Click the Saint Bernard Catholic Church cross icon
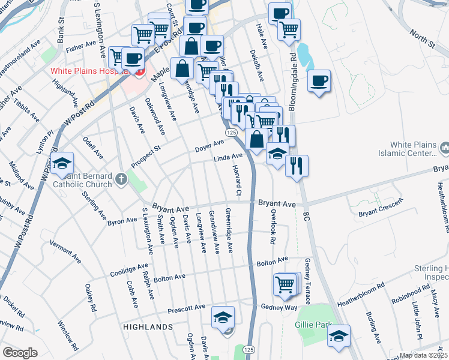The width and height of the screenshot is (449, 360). pos(121,178)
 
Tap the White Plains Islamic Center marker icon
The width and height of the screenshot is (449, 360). pos(445,148)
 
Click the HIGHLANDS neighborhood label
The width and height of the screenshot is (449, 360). pos(148,327)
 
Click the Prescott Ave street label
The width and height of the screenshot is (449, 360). pos(187,308)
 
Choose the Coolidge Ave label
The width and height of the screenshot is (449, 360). pos(129,269)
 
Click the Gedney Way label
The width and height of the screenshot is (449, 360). pos(279,307)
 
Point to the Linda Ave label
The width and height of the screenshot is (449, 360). pos(228,157)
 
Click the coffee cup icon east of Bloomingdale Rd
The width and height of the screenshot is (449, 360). pos(319,81)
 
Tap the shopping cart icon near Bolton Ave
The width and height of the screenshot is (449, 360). pos(285,284)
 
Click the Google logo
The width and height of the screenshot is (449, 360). pos(20,353)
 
